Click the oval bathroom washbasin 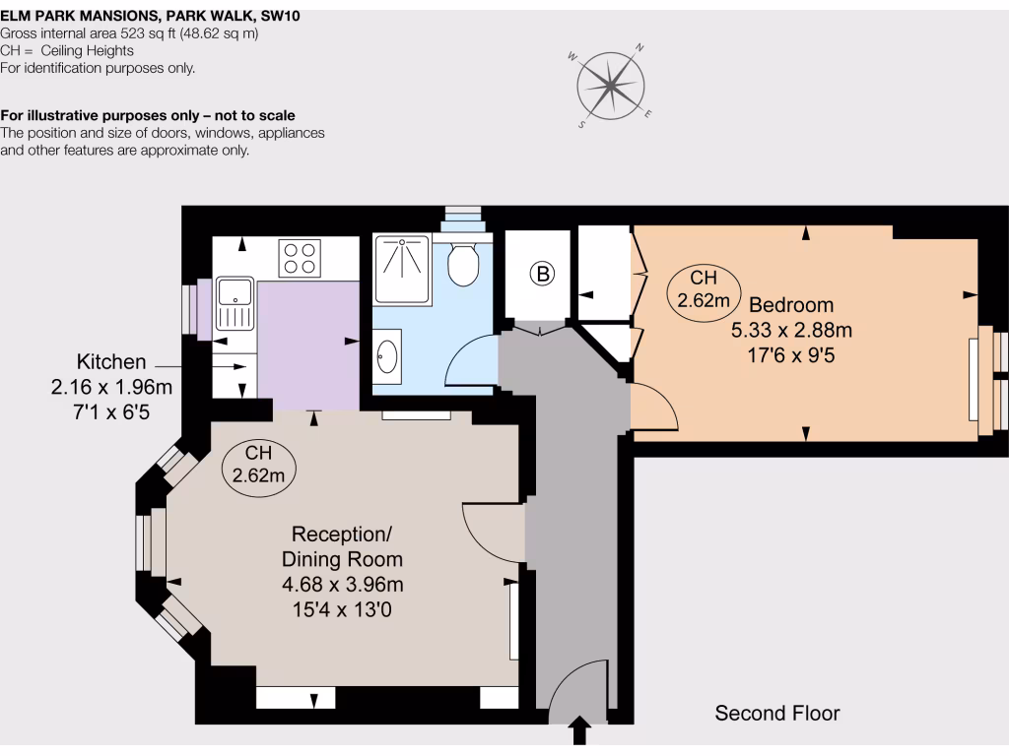[387, 355]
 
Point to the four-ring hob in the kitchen [300, 257]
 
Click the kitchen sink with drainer [235, 304]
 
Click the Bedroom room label [790, 305]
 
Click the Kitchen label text [111, 362]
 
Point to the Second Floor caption [777, 713]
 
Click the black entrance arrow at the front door [579, 731]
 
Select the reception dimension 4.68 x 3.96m [342, 585]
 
